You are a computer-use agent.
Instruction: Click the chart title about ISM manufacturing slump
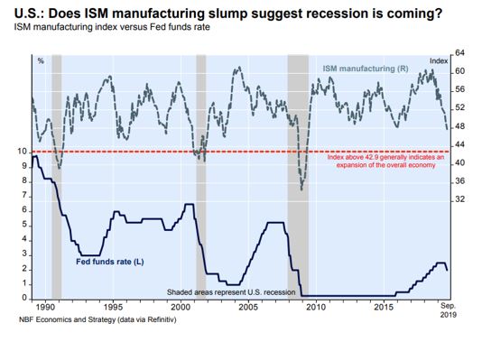pyautogui.click(x=228, y=13)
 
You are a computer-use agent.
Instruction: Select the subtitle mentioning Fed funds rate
pyautogui.click(x=112, y=27)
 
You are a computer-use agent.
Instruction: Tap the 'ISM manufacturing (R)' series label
pyautogui.click(x=366, y=69)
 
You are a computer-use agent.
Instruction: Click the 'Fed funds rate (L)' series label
pyautogui.click(x=110, y=262)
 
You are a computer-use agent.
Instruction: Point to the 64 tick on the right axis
pyautogui.click(x=459, y=53)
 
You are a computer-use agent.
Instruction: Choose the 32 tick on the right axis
pyautogui.click(x=459, y=199)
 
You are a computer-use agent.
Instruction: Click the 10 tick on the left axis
pyautogui.click(x=23, y=152)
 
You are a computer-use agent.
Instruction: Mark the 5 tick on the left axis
pyautogui.click(x=24, y=226)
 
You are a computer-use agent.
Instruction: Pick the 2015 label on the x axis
pyautogui.click(x=384, y=307)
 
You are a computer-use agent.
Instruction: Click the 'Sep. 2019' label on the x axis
pyautogui.click(x=449, y=310)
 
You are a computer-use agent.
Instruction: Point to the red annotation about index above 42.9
pyautogui.click(x=385, y=162)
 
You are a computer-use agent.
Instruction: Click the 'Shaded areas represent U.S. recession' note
pyautogui.click(x=231, y=292)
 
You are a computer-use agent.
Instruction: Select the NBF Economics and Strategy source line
pyautogui.click(x=97, y=319)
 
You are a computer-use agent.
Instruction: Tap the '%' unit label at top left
pyautogui.click(x=41, y=61)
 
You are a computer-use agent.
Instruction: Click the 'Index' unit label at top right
pyautogui.click(x=439, y=60)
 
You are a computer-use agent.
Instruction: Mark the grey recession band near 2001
pyautogui.click(x=201, y=177)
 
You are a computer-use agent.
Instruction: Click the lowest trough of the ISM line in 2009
pyautogui.click(x=301, y=189)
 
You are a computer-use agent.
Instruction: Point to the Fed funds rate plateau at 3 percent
pyautogui.click(x=90, y=255)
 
